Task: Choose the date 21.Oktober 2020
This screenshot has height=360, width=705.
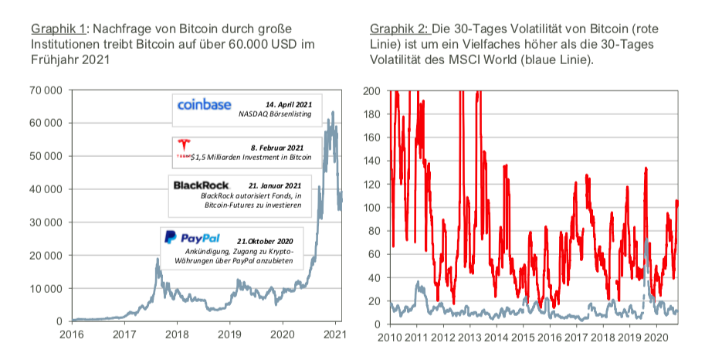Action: click(x=266, y=240)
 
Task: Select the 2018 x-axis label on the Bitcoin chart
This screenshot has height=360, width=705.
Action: click(x=177, y=335)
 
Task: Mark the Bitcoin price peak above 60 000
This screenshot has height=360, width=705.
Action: click(x=333, y=113)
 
